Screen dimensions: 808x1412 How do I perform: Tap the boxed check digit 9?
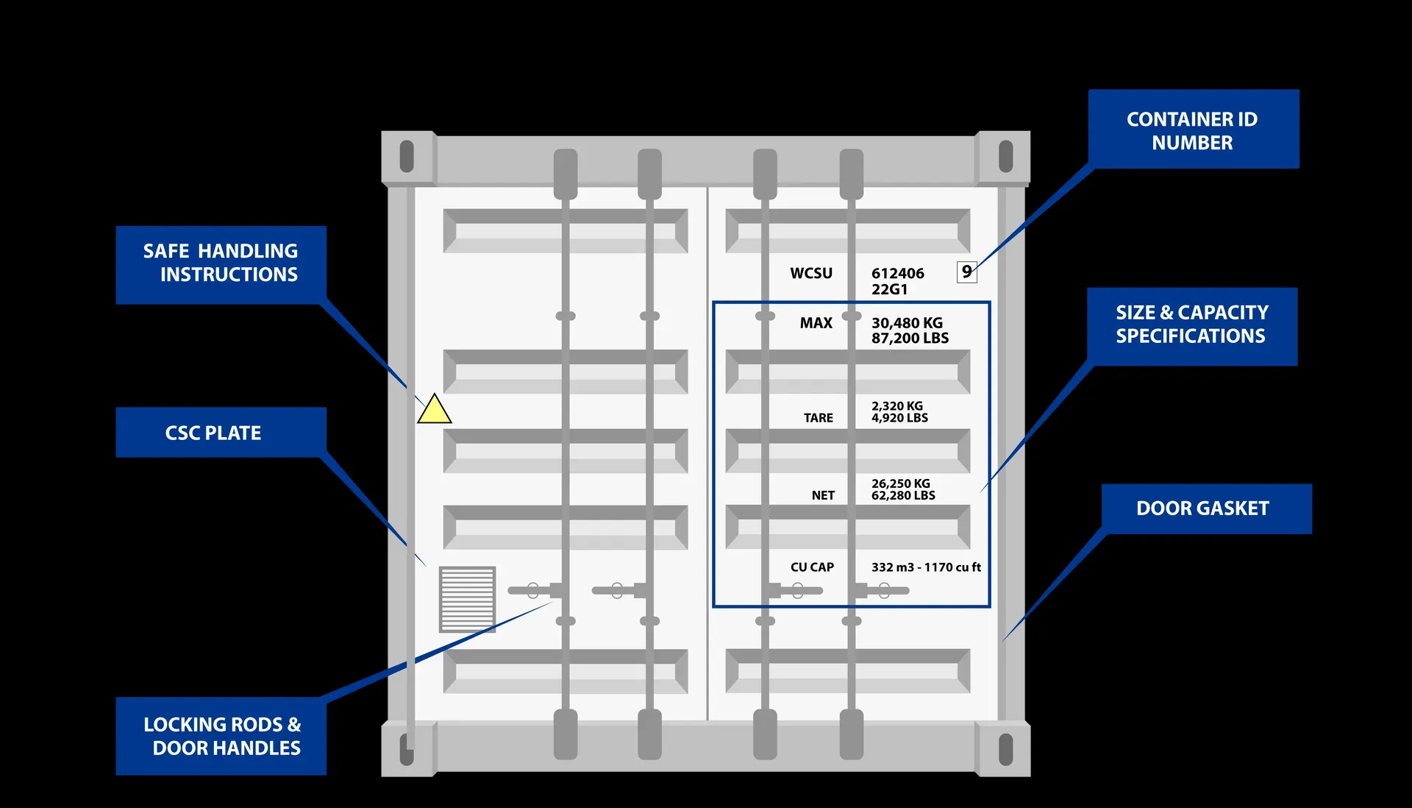[x=966, y=272]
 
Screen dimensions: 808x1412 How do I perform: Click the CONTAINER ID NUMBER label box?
[x=1193, y=130]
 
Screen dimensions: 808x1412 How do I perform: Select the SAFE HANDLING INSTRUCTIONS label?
[x=221, y=263]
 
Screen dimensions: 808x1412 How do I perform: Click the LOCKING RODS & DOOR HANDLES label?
[x=221, y=736]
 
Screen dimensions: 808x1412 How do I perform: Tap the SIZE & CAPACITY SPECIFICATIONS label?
[x=1191, y=325]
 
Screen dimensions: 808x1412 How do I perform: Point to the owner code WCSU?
[x=810, y=273]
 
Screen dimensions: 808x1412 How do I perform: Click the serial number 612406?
[x=897, y=273]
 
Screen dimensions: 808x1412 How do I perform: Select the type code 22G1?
[x=889, y=289]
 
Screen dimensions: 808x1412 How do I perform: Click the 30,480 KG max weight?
[x=907, y=323]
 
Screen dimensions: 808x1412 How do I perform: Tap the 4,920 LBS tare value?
[x=899, y=418]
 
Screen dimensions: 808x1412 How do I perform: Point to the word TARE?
[x=818, y=418]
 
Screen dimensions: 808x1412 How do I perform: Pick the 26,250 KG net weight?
[x=900, y=483]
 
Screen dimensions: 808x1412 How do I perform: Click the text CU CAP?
[x=812, y=567]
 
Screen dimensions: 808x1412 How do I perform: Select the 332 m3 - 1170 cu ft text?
[x=926, y=567]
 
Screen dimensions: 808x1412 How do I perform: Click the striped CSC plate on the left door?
[x=467, y=599]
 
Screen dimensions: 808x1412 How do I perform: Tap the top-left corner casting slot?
[x=407, y=156]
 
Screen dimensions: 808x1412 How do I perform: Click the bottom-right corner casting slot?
[x=1005, y=750]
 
